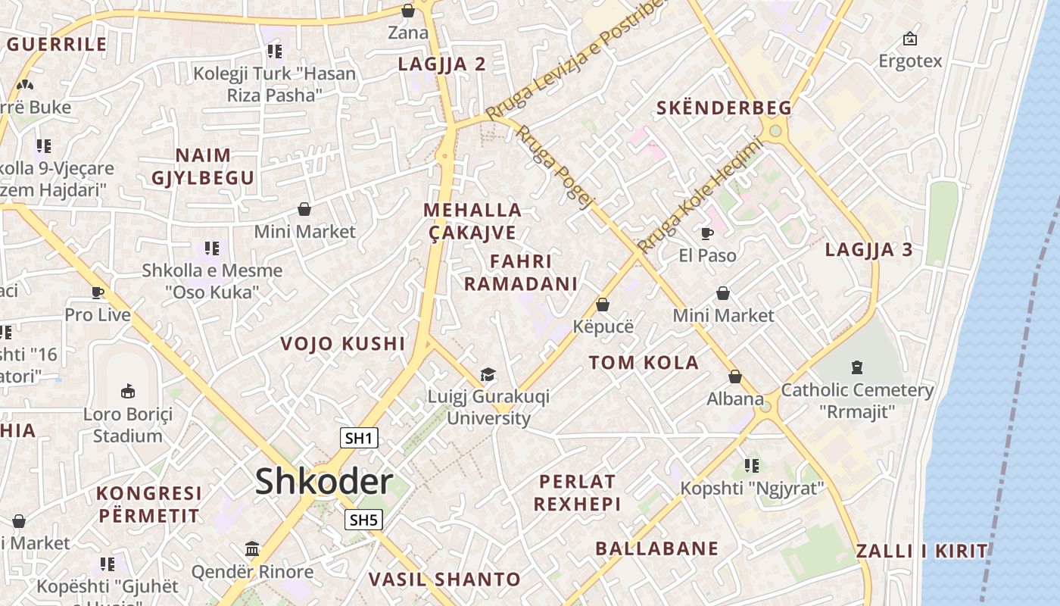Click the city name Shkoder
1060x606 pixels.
point(324,482)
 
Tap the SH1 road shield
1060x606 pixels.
point(360,438)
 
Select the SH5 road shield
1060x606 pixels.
point(363,520)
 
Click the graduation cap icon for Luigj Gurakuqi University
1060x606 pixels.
point(488,375)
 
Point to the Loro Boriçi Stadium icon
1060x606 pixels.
point(128,391)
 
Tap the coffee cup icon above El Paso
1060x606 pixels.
point(707,233)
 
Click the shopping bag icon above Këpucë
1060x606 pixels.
point(603,305)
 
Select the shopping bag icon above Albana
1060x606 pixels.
point(735,376)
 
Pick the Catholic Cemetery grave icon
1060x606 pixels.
point(857,367)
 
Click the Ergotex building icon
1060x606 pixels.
point(910,39)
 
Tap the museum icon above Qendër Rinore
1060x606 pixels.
point(252,548)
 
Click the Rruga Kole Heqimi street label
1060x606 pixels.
point(697,195)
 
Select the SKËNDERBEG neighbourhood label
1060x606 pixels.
point(724,108)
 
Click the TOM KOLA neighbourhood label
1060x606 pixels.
point(644,363)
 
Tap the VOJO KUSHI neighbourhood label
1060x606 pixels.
point(343,344)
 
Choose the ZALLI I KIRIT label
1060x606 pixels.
point(922,551)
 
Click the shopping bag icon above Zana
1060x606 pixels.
point(408,11)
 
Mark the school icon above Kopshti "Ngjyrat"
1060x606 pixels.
point(751,465)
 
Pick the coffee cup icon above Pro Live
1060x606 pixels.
point(98,292)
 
